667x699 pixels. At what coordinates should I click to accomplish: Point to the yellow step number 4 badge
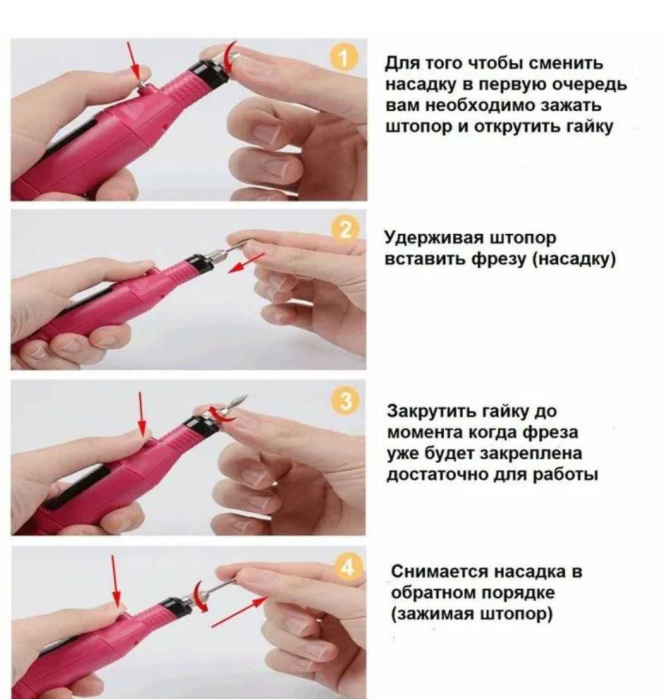click(x=347, y=568)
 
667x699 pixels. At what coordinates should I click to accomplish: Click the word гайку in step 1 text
click(x=589, y=127)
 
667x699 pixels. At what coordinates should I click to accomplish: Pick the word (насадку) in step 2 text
click(x=574, y=259)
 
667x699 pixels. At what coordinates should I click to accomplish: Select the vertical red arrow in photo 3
click(x=142, y=414)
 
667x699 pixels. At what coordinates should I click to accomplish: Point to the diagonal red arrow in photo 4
click(x=238, y=612)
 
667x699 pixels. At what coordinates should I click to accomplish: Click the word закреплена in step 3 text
click(x=531, y=453)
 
